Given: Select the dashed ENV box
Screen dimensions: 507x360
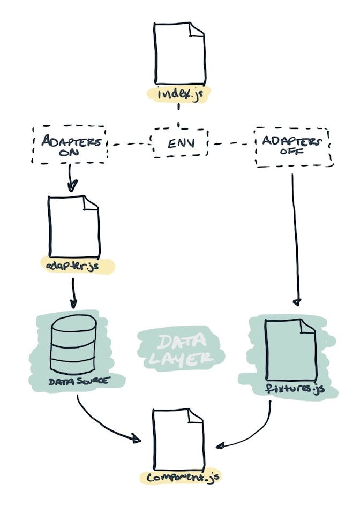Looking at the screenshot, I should (179, 143).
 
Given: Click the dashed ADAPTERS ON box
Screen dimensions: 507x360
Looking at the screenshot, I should (69, 145).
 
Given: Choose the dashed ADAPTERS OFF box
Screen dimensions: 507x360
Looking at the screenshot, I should (292, 146).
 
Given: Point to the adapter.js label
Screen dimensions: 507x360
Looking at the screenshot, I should (77, 266).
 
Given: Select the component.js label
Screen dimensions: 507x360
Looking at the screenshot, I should (179, 476).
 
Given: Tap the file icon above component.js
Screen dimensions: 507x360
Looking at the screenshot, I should (178, 438).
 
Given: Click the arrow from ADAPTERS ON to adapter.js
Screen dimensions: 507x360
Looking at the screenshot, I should (71, 178).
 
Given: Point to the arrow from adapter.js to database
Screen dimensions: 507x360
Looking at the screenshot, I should (74, 293).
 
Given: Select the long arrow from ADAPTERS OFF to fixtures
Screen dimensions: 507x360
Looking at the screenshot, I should (294, 241).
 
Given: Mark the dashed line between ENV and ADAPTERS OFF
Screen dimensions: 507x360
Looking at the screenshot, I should (231, 143).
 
